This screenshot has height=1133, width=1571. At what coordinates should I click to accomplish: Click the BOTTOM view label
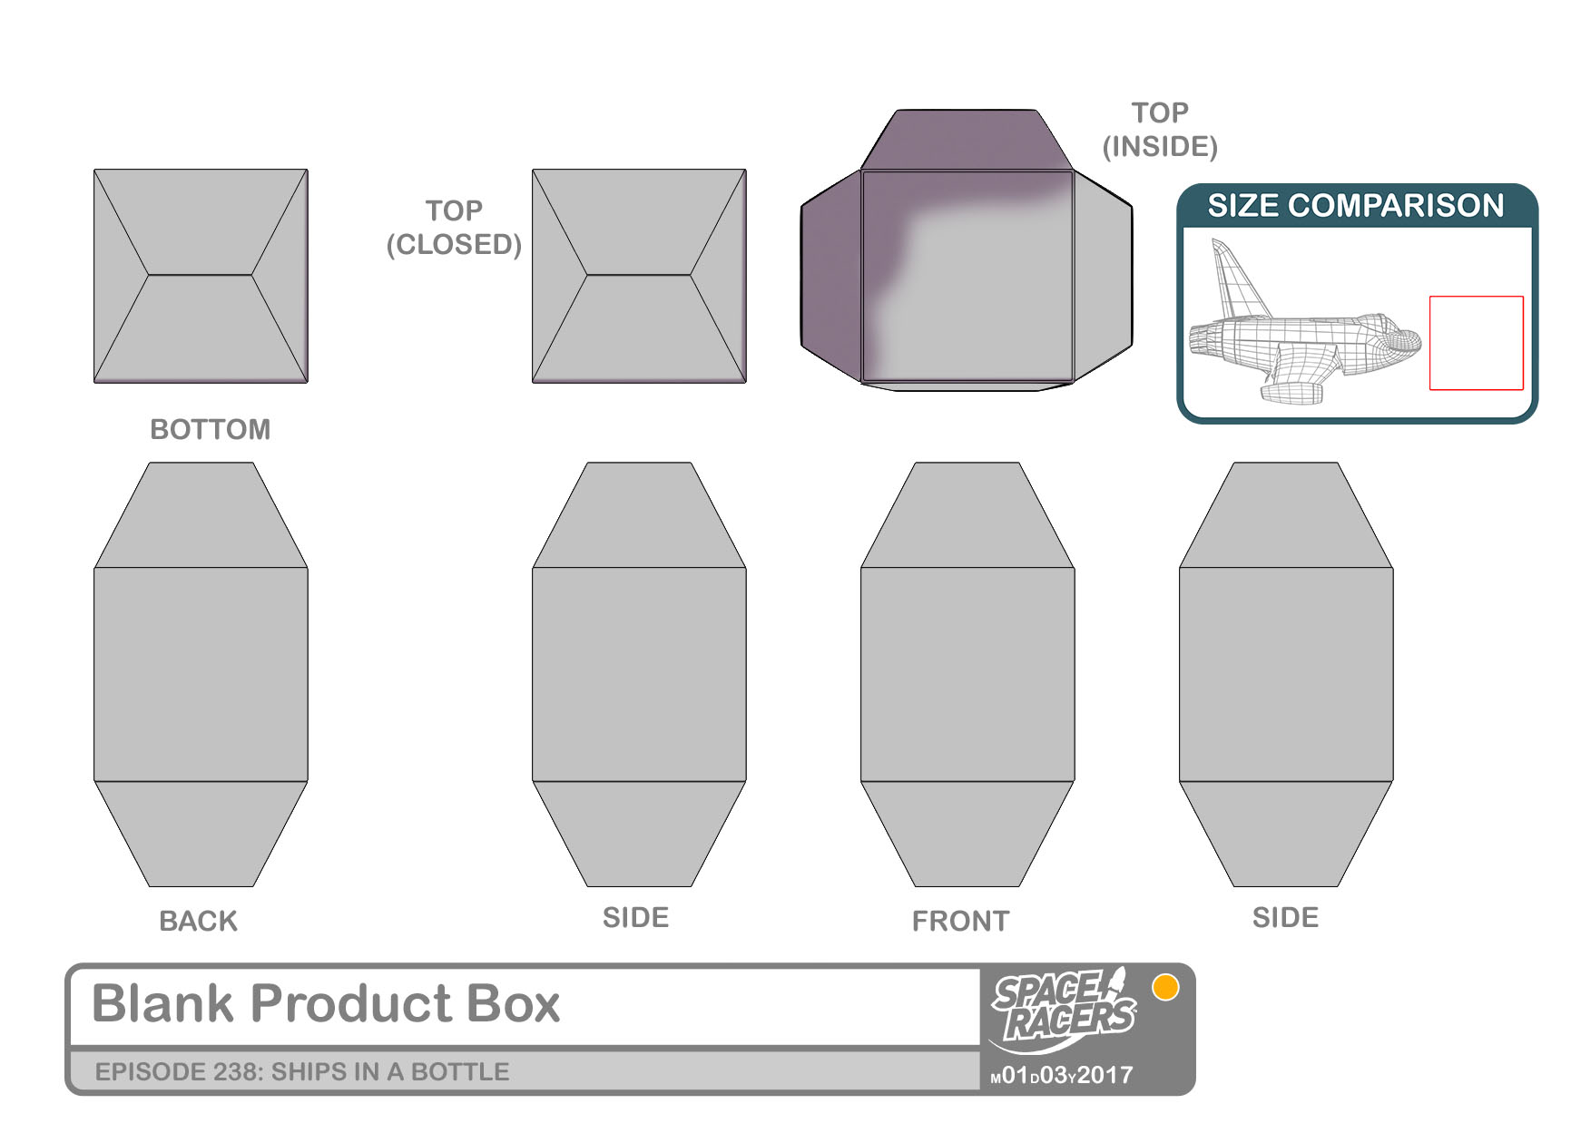(210, 429)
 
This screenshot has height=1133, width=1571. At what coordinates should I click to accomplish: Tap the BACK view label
(198, 921)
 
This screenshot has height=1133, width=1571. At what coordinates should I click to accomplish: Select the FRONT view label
(960, 921)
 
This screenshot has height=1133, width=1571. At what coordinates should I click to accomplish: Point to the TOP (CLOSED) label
(454, 228)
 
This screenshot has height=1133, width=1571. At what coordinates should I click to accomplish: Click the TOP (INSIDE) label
(1160, 130)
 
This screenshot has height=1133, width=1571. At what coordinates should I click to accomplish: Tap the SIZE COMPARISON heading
(1356, 206)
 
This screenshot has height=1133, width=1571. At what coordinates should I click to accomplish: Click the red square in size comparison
(1477, 343)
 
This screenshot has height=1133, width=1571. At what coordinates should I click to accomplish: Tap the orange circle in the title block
(1165, 987)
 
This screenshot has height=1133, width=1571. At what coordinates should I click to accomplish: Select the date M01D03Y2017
(1062, 1075)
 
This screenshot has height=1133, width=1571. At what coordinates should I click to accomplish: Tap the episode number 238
(238, 1071)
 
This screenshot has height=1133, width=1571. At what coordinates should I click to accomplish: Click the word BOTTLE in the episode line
(460, 1071)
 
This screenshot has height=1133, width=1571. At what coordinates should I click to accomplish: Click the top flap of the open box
(967, 140)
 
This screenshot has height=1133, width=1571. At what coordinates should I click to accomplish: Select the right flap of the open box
(1103, 277)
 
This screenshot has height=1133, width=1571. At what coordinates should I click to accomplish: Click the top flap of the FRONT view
(967, 515)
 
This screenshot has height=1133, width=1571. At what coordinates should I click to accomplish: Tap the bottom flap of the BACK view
(201, 834)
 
